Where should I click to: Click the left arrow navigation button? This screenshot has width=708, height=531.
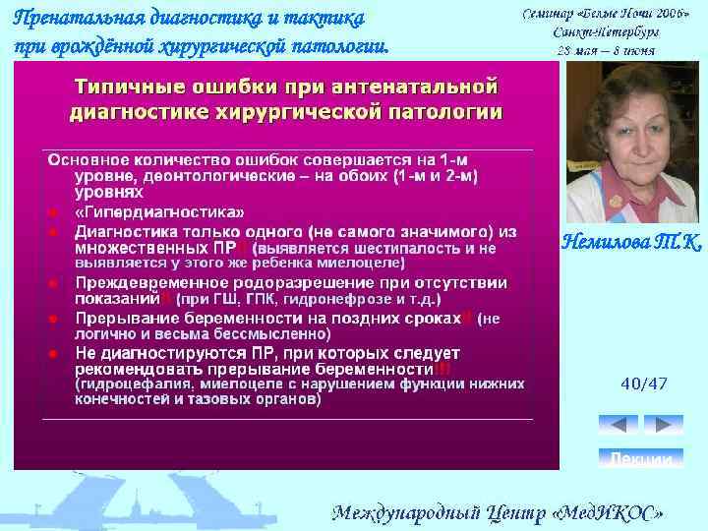tap(619, 425)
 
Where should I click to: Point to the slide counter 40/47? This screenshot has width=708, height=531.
tap(644, 383)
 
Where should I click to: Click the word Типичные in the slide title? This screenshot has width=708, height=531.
tap(135, 86)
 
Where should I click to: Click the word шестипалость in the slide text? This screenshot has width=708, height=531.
tap(388, 249)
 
